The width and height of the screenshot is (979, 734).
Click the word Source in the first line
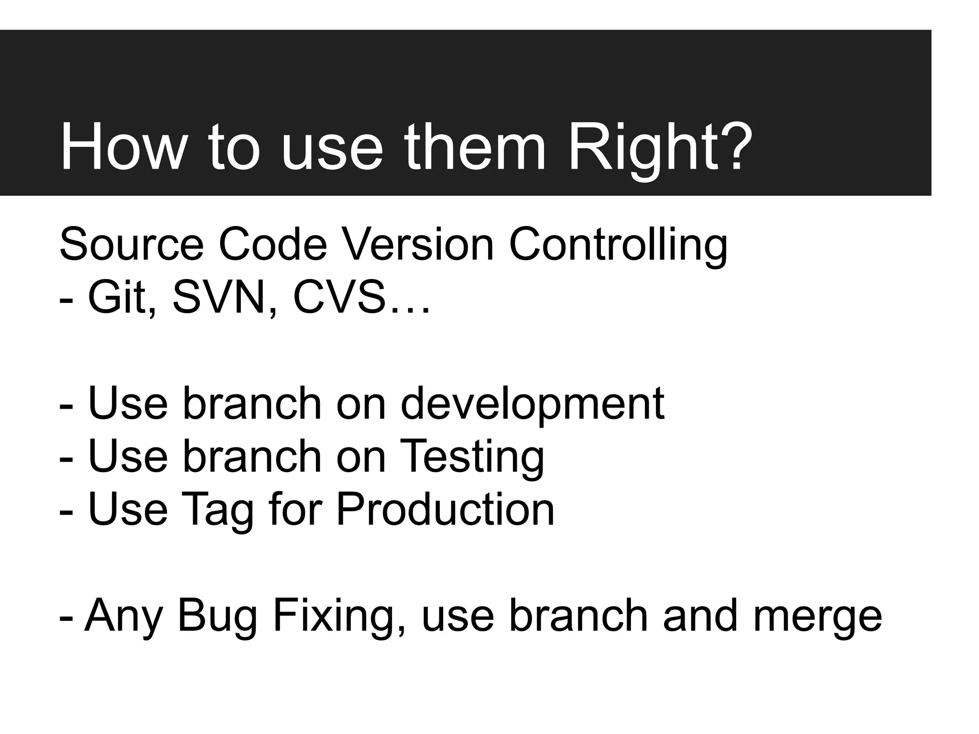(131, 245)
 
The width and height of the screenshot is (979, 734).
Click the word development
(532, 404)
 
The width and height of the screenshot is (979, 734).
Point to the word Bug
(218, 616)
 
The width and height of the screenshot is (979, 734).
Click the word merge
(817, 616)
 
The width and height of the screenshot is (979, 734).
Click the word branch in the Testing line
(252, 457)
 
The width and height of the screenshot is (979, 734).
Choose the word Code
(273, 245)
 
